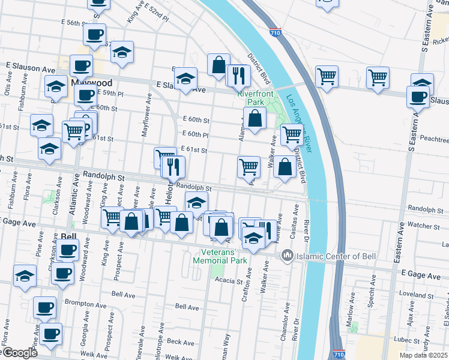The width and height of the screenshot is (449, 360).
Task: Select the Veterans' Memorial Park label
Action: pyautogui.click(x=220, y=256)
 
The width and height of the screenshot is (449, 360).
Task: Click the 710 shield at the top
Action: pyautogui.click(x=274, y=31)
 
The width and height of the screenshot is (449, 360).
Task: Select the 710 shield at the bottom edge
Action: pyautogui.click(x=339, y=355)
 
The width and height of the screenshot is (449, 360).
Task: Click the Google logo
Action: pyautogui.click(x=19, y=353)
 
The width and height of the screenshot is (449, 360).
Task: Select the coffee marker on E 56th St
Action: pyautogui.click(x=94, y=35)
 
